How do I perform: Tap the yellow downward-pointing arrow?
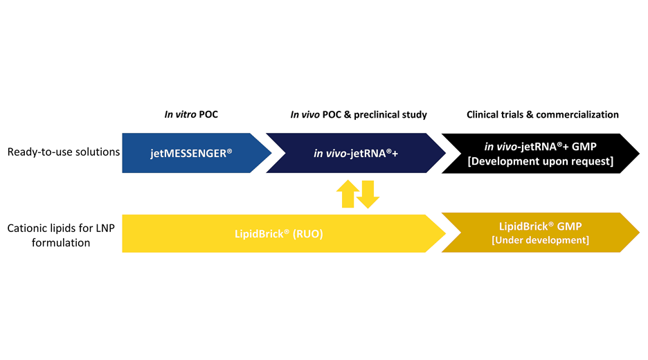pos(368,195)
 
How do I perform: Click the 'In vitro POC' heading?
pos(191,114)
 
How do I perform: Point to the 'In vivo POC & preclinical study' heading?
pos(358,114)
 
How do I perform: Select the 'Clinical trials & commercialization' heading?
pos(542,114)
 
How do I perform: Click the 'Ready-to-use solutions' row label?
pos(64,152)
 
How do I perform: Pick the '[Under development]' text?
pos(540,240)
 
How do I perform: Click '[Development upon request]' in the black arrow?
pos(540,161)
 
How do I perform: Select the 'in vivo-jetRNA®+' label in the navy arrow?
pos(356,152)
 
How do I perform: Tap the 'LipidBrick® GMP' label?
pos(540,226)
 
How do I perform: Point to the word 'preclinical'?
pos(379,114)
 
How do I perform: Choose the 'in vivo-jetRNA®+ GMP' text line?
pos(540,146)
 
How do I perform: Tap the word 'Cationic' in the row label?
pos(26,227)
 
